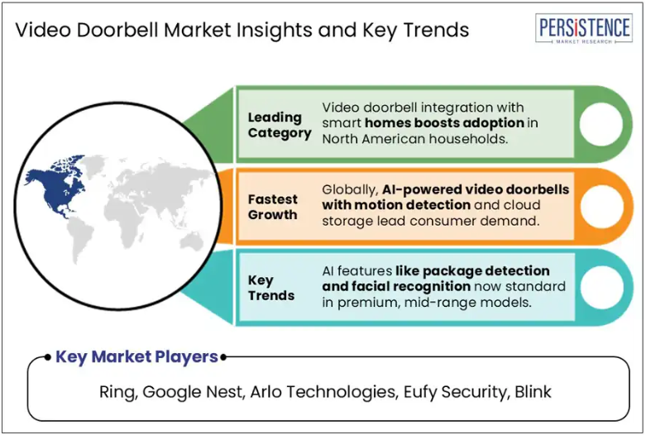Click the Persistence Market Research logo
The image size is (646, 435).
[584, 28]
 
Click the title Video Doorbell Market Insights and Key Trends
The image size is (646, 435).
[242, 30]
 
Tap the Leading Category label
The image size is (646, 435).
[280, 125]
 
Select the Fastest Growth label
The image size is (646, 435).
[272, 207]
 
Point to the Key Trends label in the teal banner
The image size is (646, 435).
[271, 288]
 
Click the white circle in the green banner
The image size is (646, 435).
[601, 124]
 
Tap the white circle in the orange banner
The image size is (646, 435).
[602, 207]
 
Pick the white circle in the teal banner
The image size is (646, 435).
[602, 287]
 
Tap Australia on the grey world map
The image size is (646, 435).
[192, 241]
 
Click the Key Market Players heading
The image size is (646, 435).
[136, 356]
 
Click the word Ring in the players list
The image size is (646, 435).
[117, 392]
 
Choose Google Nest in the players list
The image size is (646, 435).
[193, 392]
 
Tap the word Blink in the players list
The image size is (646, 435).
[533, 392]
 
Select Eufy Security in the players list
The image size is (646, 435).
[455, 392]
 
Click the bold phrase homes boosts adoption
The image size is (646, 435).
[444, 122]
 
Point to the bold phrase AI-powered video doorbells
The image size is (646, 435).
[476, 189]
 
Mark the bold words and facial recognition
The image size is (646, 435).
[396, 286]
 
